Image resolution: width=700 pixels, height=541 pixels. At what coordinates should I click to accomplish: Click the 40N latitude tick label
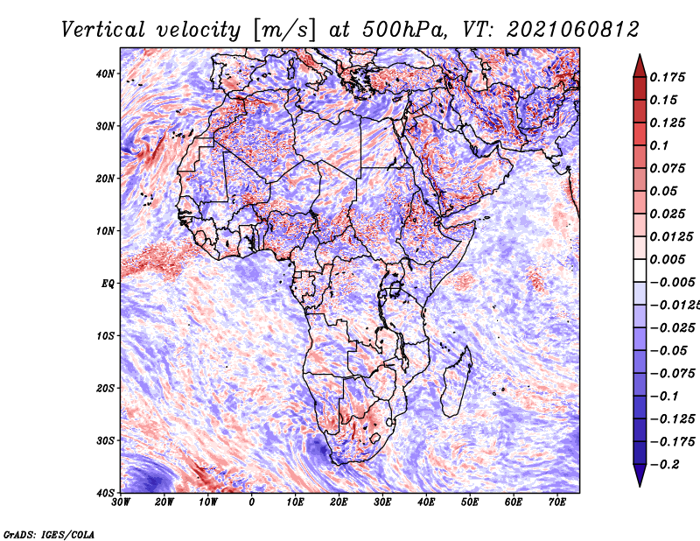(x=105, y=74)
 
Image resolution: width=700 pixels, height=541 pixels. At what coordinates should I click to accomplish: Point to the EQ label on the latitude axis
(x=108, y=284)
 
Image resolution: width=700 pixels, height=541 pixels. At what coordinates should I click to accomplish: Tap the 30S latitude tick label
(x=105, y=440)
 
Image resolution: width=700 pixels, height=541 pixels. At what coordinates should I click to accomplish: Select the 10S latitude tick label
(x=105, y=336)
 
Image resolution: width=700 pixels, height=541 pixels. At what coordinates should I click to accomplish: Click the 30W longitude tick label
(x=121, y=502)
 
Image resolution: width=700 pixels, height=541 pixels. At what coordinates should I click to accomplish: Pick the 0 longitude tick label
(x=252, y=502)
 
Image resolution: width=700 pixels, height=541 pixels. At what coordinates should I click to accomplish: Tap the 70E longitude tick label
(x=557, y=502)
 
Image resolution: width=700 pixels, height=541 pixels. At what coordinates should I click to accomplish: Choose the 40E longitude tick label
(x=426, y=502)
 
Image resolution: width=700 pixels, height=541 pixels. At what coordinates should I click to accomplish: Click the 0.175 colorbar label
(x=667, y=77)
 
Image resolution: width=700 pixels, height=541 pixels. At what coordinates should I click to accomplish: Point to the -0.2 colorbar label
(x=664, y=464)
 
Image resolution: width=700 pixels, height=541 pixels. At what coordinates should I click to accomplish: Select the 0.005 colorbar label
(x=667, y=259)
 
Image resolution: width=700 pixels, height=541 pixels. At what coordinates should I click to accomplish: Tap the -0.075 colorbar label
(x=673, y=373)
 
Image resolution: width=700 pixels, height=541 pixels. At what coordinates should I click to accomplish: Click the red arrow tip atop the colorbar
(x=640, y=55)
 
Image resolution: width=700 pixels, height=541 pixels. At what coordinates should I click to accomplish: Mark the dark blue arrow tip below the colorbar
(x=640, y=485)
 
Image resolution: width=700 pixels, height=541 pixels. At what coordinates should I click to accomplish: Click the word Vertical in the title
(x=102, y=30)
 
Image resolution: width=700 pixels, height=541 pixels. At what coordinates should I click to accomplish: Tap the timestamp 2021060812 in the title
(x=573, y=30)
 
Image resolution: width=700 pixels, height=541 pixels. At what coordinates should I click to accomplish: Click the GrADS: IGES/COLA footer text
(x=49, y=534)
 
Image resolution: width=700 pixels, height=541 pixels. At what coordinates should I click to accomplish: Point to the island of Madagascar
(x=456, y=384)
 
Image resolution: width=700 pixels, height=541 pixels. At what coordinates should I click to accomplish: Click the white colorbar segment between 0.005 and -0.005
(x=640, y=270)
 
